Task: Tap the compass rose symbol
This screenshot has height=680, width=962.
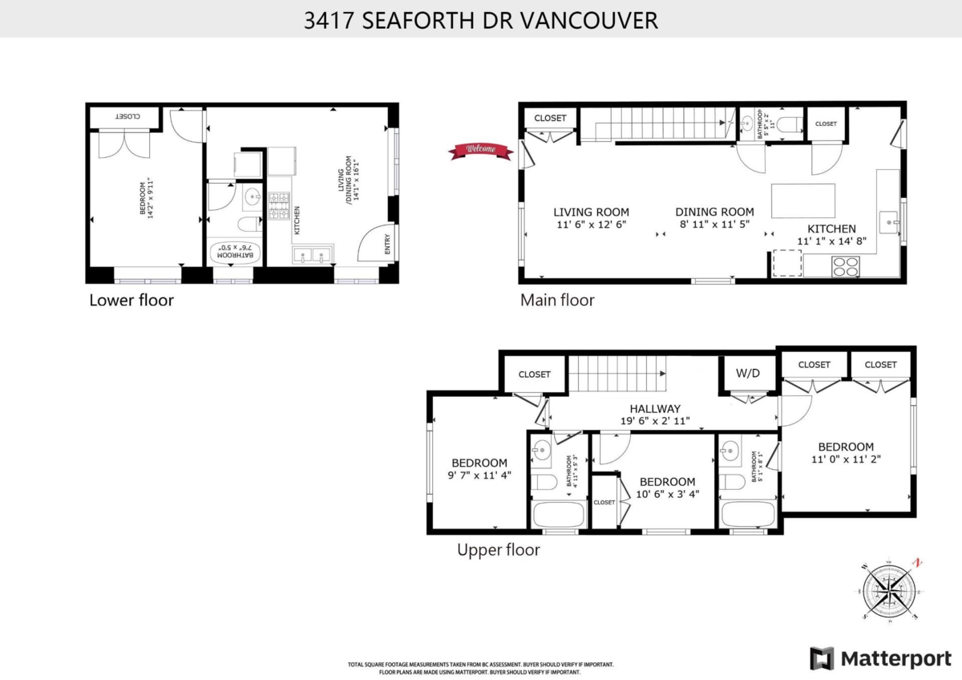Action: [888, 592]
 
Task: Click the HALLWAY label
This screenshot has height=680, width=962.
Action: [655, 408]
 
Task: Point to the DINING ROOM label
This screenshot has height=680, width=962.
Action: [714, 212]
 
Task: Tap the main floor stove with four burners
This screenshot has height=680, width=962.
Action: [844, 265]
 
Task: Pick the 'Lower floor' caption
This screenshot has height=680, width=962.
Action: [131, 301]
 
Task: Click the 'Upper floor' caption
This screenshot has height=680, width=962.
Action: [499, 550]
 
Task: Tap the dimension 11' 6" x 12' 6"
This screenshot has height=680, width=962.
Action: [592, 225]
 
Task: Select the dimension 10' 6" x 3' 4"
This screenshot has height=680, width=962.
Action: [667, 494]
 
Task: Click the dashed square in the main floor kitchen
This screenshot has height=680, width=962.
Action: [786, 263]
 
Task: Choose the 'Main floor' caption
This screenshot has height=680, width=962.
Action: [558, 301]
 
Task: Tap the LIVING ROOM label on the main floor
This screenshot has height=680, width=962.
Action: [592, 212]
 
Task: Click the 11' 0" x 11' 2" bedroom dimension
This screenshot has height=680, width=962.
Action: [846, 460]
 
